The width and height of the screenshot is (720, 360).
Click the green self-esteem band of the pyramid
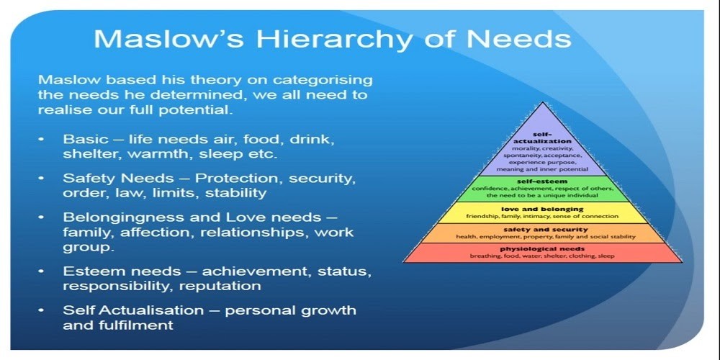[x=543, y=189]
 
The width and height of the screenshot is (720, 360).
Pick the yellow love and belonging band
[x=543, y=212]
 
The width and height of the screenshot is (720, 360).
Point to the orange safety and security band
[x=543, y=233]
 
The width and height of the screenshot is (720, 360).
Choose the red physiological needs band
[x=543, y=253]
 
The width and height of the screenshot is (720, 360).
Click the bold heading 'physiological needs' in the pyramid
[x=542, y=249]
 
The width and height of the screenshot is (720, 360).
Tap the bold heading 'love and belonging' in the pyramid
[x=542, y=209]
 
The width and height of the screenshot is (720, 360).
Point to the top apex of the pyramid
[x=543, y=102]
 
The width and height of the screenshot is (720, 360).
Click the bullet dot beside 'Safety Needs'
[x=42, y=178]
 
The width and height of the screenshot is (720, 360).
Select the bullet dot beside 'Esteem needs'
[x=42, y=271]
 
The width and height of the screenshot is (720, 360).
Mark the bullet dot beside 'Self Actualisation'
[x=42, y=310]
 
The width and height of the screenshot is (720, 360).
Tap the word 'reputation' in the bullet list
[x=220, y=287]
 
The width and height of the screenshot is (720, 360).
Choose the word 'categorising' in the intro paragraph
[x=323, y=81]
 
